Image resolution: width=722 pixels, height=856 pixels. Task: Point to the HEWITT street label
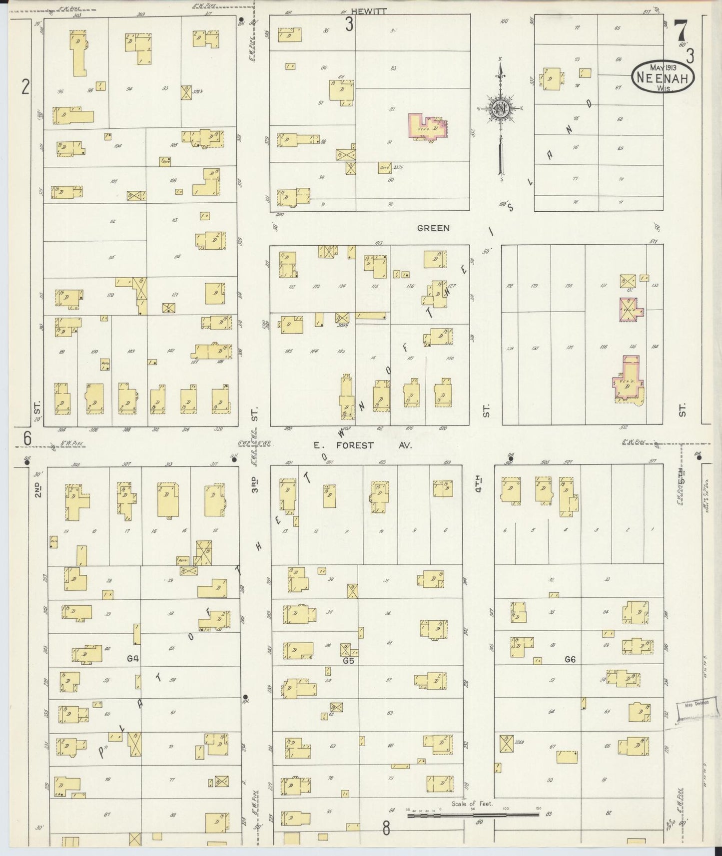click(368, 11)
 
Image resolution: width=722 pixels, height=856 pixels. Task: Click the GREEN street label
click(433, 228)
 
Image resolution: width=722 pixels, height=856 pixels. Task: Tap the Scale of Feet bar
click(473, 815)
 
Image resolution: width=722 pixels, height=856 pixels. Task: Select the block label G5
click(348, 661)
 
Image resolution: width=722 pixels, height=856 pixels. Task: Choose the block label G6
click(570, 659)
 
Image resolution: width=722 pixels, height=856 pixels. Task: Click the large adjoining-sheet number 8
click(386, 829)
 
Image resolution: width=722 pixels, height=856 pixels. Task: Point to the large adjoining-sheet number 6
click(27, 438)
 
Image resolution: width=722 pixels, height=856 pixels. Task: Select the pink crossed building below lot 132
click(631, 309)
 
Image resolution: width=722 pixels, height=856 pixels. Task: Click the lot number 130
click(568, 286)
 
